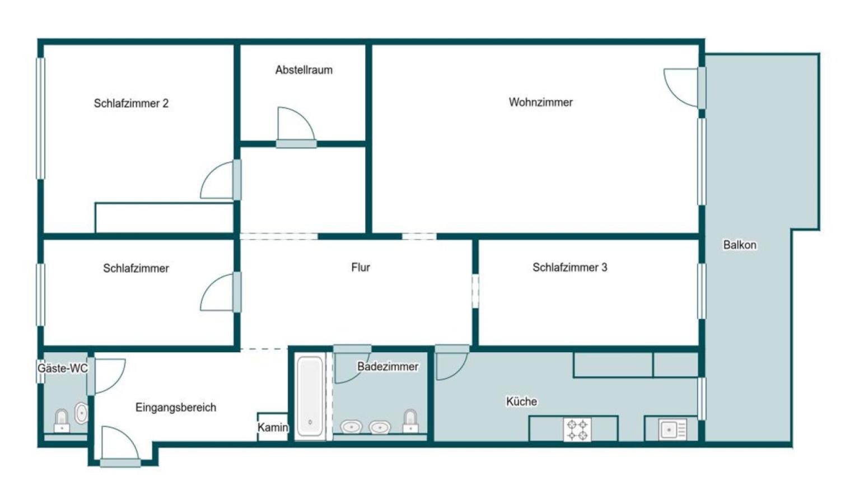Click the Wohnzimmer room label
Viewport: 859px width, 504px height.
tap(541, 102)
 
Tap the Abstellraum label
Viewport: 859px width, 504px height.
tap(304, 70)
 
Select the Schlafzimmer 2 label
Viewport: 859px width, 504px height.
tap(131, 103)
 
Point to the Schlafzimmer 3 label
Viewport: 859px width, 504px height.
tap(570, 267)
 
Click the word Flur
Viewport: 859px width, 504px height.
tap(361, 267)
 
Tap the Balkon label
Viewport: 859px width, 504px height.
tap(740, 245)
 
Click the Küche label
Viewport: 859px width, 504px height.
tap(521, 401)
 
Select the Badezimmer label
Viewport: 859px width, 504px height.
tap(388, 366)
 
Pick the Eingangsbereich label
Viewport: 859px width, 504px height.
tap(176, 407)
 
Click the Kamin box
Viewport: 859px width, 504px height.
tap(272, 427)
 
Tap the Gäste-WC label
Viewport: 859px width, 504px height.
tap(63, 368)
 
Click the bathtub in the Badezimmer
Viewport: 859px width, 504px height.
tap(310, 396)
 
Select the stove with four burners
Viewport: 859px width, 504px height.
tap(577, 430)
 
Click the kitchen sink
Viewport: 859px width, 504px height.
tap(673, 429)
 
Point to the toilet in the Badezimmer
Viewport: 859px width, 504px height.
tap(410, 421)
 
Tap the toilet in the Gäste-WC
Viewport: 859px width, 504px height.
tap(62, 421)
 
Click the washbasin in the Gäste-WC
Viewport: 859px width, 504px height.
tap(81, 413)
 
